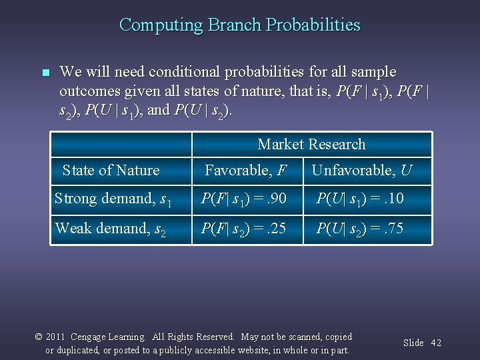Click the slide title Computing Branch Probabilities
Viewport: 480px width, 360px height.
(239, 25)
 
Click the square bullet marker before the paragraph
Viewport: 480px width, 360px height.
(45, 73)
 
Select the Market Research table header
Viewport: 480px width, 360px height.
(311, 144)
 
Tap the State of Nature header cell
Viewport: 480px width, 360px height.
(111, 171)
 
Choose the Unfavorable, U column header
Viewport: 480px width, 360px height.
(362, 171)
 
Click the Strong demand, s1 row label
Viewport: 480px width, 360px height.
(113, 199)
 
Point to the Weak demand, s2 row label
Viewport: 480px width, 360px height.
(111, 229)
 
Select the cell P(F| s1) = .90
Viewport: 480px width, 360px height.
(245, 199)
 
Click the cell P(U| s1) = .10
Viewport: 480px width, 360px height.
(360, 199)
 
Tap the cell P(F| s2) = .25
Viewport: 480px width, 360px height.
(245, 229)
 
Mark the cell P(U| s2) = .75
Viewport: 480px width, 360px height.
(360, 229)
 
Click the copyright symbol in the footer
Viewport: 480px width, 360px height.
(39, 337)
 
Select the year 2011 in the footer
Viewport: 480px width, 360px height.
(56, 337)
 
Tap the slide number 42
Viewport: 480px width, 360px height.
(436, 343)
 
